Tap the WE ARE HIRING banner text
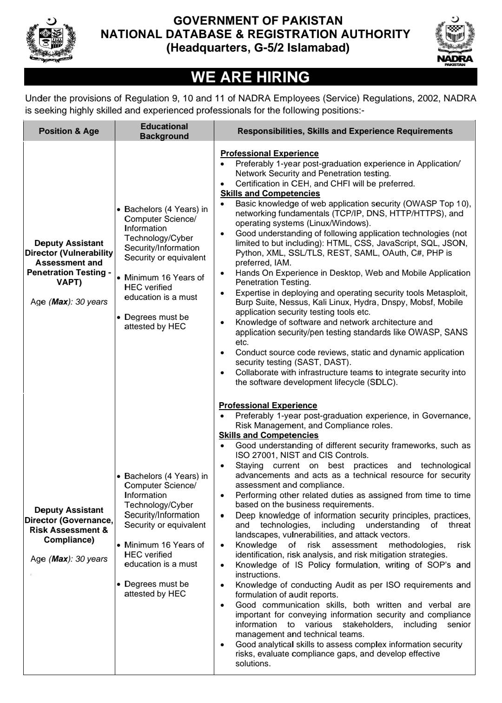click(251, 77)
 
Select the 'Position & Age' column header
click(69, 131)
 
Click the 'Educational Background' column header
click(164, 131)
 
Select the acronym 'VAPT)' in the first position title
click(69, 282)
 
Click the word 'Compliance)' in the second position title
click(69, 540)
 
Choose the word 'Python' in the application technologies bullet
click(249, 253)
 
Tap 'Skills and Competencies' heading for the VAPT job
click(270, 193)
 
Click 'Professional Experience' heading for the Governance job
click(268, 405)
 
